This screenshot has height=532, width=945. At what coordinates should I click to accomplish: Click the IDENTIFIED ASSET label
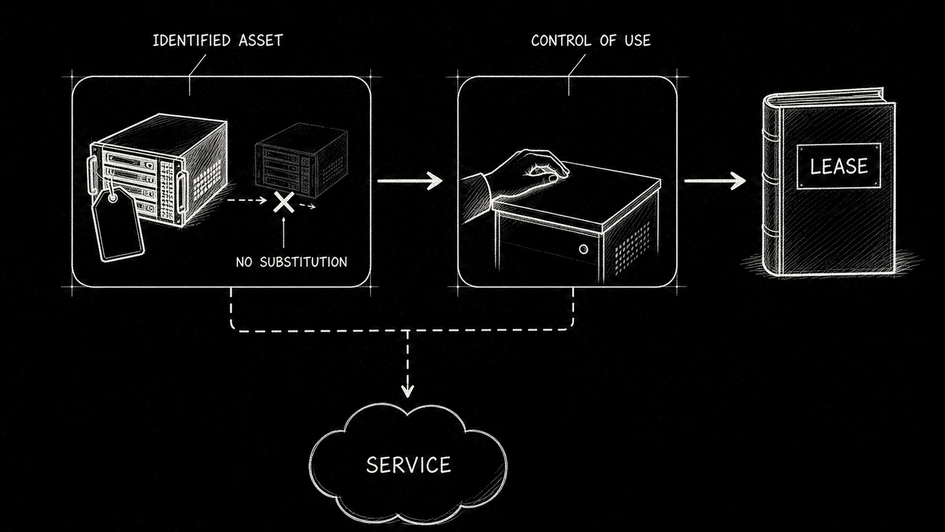point(218,41)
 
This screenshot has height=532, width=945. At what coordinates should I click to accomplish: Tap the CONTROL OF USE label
point(591,41)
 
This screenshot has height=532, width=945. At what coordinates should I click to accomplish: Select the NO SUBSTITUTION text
point(292,262)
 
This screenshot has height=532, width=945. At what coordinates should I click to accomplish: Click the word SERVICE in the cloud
point(408,465)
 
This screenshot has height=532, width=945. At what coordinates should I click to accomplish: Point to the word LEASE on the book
point(839,166)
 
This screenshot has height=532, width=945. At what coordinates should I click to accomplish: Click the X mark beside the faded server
point(284,202)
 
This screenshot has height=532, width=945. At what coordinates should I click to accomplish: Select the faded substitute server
point(301,160)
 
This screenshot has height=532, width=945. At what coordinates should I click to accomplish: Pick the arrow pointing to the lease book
point(715,181)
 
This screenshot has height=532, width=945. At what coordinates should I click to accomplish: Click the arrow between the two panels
point(410,181)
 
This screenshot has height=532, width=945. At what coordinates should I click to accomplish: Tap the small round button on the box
point(584,249)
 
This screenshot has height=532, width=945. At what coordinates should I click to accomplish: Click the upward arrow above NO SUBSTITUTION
point(283,232)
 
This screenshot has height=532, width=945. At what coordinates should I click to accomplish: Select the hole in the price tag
point(113,198)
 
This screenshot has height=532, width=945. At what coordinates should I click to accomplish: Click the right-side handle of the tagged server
point(182,192)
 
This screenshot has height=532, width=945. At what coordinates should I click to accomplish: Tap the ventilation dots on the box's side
point(631,248)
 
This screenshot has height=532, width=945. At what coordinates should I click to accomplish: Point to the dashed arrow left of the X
point(247,200)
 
